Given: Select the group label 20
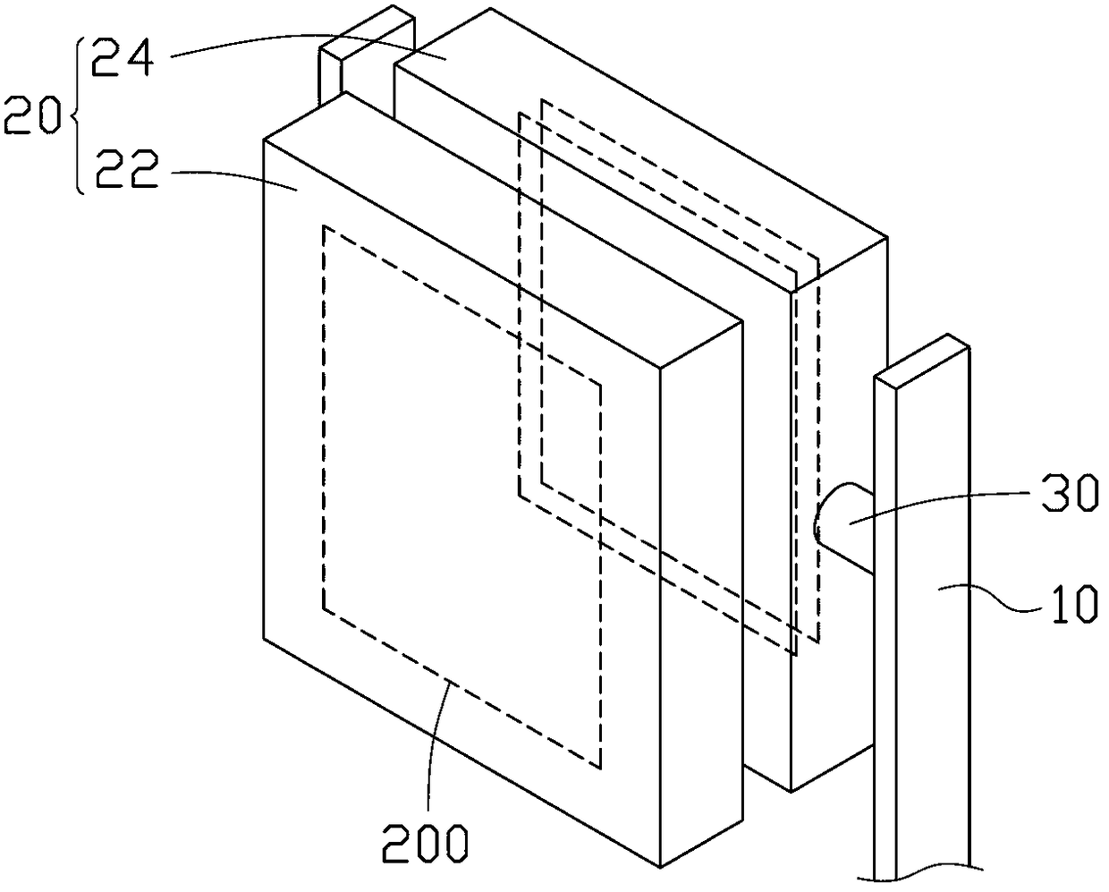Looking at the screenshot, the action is [x=32, y=116].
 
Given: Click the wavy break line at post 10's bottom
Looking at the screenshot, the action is [x=921, y=870].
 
